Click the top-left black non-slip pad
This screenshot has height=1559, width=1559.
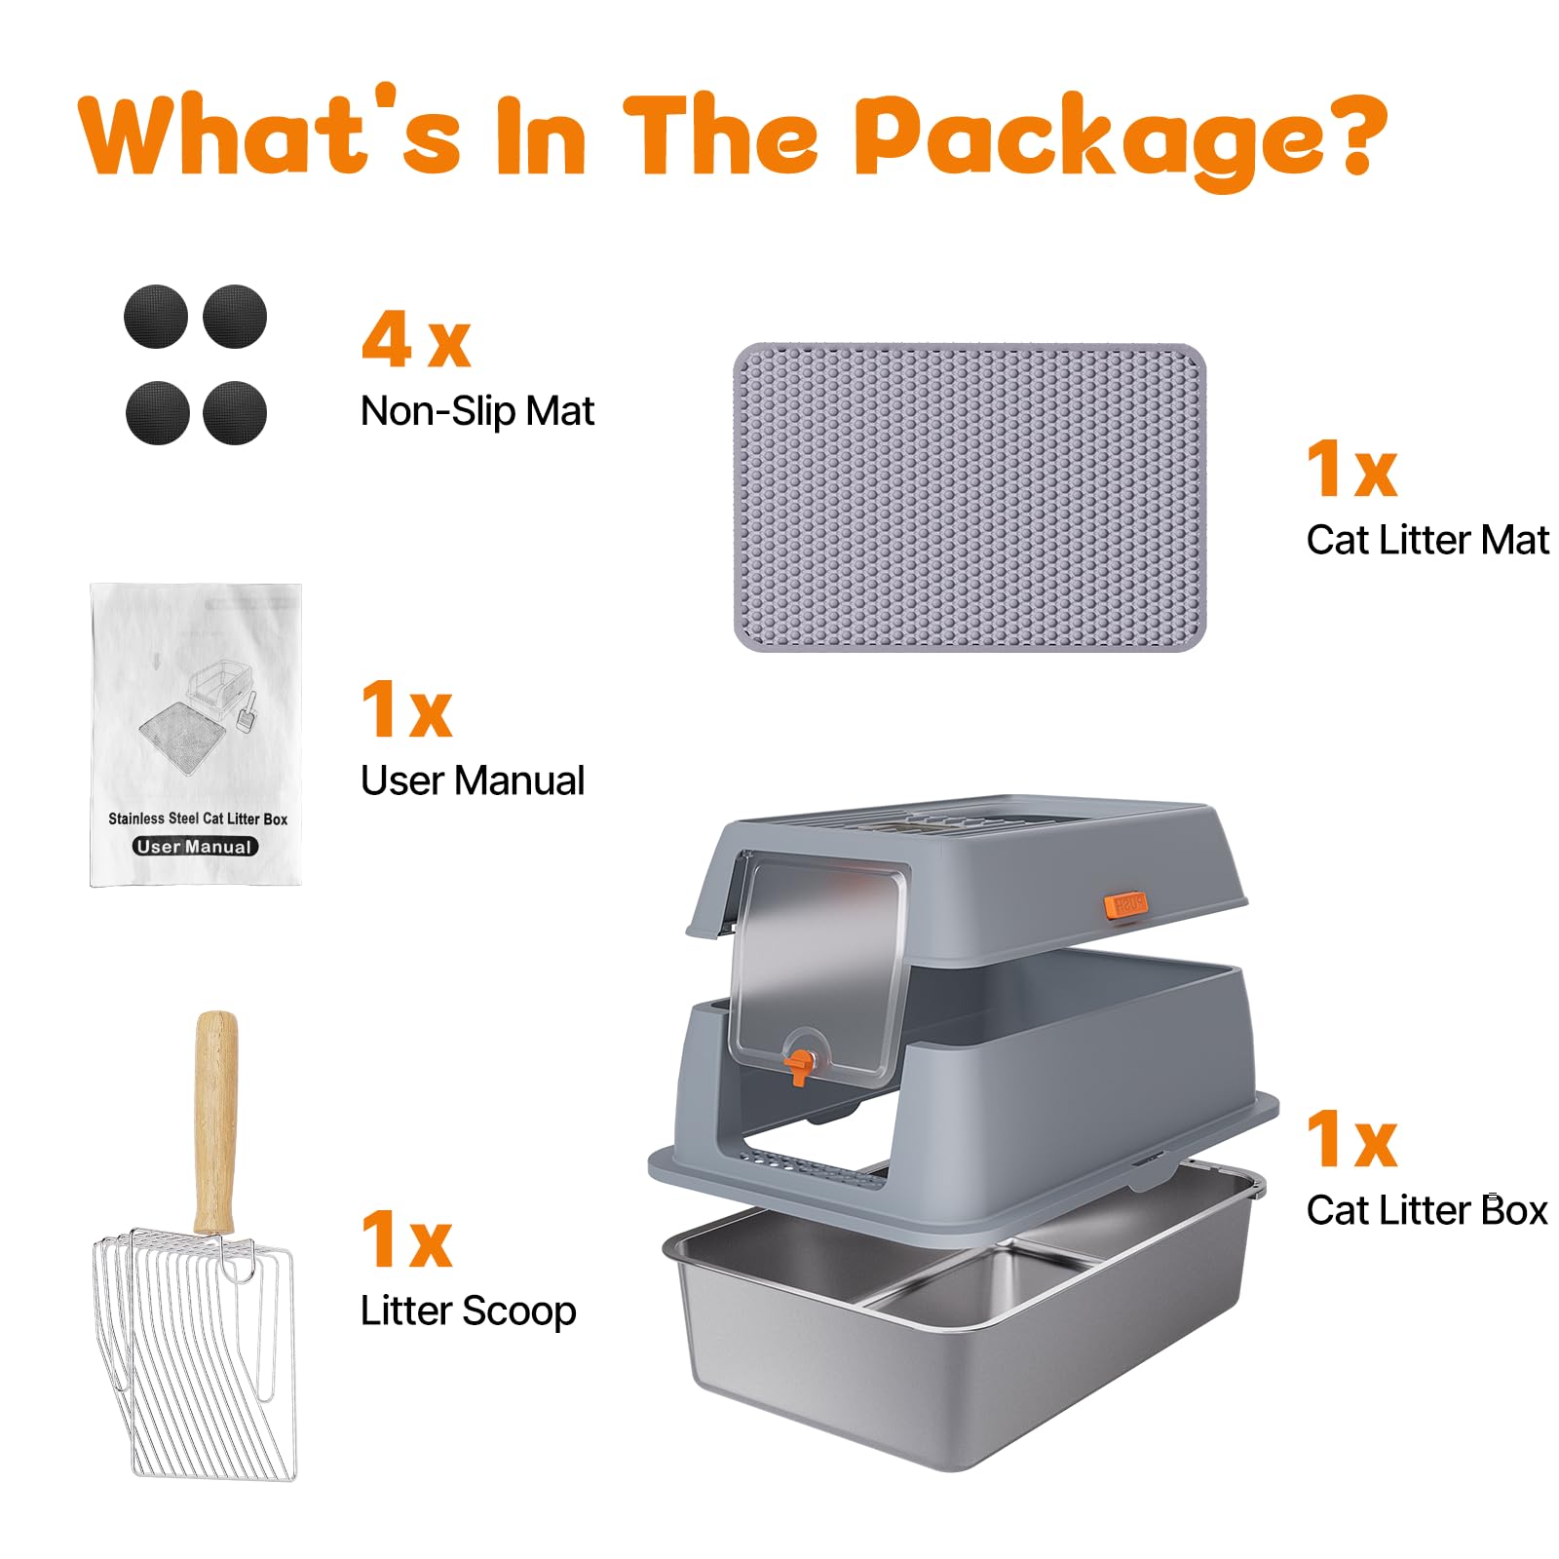pos(156,317)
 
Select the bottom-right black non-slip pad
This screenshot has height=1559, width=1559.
pos(235,412)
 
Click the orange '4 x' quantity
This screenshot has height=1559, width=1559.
pos(416,341)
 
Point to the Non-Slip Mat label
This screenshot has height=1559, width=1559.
pos(476,411)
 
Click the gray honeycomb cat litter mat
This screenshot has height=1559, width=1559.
pos(970,497)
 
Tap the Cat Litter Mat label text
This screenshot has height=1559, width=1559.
pos(1426,540)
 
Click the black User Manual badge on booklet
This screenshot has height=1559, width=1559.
pos(196,847)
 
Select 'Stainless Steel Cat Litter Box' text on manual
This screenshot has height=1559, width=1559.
pos(198,818)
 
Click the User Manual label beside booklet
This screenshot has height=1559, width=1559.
pos(473,780)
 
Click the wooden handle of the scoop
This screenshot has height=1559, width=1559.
pos(215,1121)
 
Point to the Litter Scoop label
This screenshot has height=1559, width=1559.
pos(468,1311)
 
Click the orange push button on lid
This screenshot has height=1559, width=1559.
pos(1125,905)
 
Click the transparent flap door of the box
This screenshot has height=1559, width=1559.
pos(818,965)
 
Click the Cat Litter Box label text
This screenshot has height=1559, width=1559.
pos(1426,1210)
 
